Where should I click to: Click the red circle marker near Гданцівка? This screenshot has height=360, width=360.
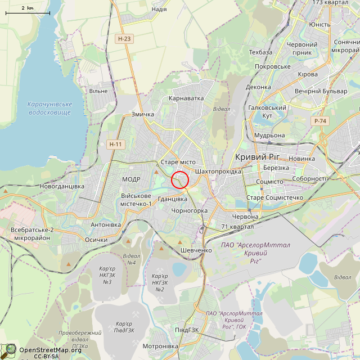tap(180, 180)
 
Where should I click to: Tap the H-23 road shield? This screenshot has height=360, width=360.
tap(124, 39)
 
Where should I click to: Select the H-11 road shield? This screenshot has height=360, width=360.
tap(115, 145)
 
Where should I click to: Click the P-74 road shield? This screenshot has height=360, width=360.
tap(320, 121)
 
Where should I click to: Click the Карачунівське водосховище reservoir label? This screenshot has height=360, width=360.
tap(49, 109)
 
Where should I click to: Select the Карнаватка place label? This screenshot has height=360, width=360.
tap(186, 98)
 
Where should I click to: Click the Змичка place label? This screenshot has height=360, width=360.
tap(142, 115)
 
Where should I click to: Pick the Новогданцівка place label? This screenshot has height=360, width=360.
tap(62, 186)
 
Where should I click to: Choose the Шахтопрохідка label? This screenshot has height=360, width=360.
tap(218, 171)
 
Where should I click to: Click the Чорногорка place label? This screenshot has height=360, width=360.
tap(190, 211)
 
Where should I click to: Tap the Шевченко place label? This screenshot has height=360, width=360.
tap(196, 250)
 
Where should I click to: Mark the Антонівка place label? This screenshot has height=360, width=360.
tap(106, 225)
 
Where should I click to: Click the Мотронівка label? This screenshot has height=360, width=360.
tap(160, 346)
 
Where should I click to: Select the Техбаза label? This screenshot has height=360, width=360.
tap(260, 52)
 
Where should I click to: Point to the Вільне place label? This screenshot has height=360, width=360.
tap(98, 91)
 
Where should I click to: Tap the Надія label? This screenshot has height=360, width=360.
tap(159, 10)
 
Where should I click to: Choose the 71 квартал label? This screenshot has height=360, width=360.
tap(237, 227)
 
